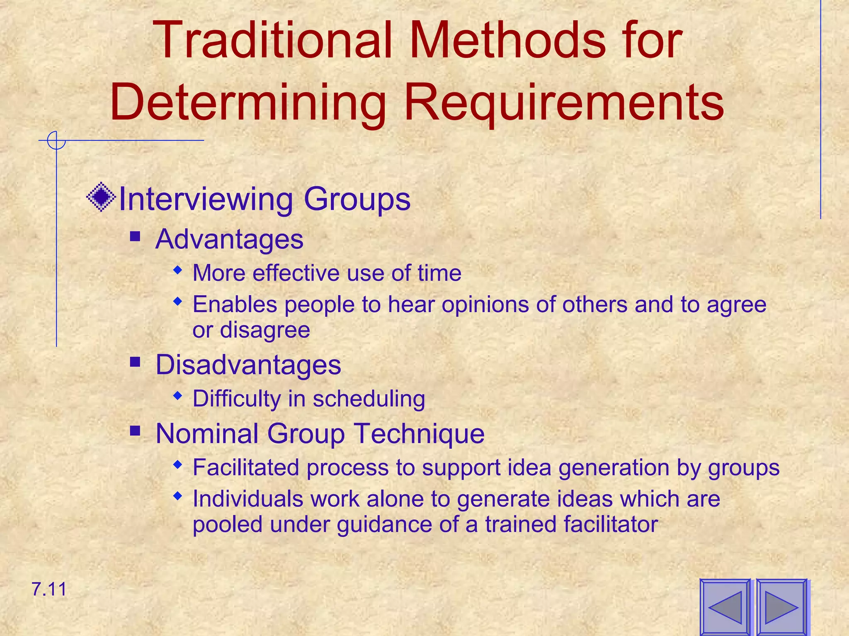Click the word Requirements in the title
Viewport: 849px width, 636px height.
coord(564,103)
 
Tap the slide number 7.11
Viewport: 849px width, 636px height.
coord(49,589)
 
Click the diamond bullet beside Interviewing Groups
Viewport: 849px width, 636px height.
coord(101,197)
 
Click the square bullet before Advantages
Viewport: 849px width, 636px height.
coord(135,237)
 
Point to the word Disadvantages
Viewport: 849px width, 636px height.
coord(248,365)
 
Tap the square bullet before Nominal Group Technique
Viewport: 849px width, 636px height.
coord(135,431)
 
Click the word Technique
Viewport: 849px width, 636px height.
coord(419,434)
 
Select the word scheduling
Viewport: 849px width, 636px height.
coord(369,399)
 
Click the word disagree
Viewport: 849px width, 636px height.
coord(265,330)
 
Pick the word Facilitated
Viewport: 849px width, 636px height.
coord(246,467)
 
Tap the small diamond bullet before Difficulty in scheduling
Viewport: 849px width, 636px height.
coord(178,396)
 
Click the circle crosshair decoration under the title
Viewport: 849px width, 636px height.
coord(56,140)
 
